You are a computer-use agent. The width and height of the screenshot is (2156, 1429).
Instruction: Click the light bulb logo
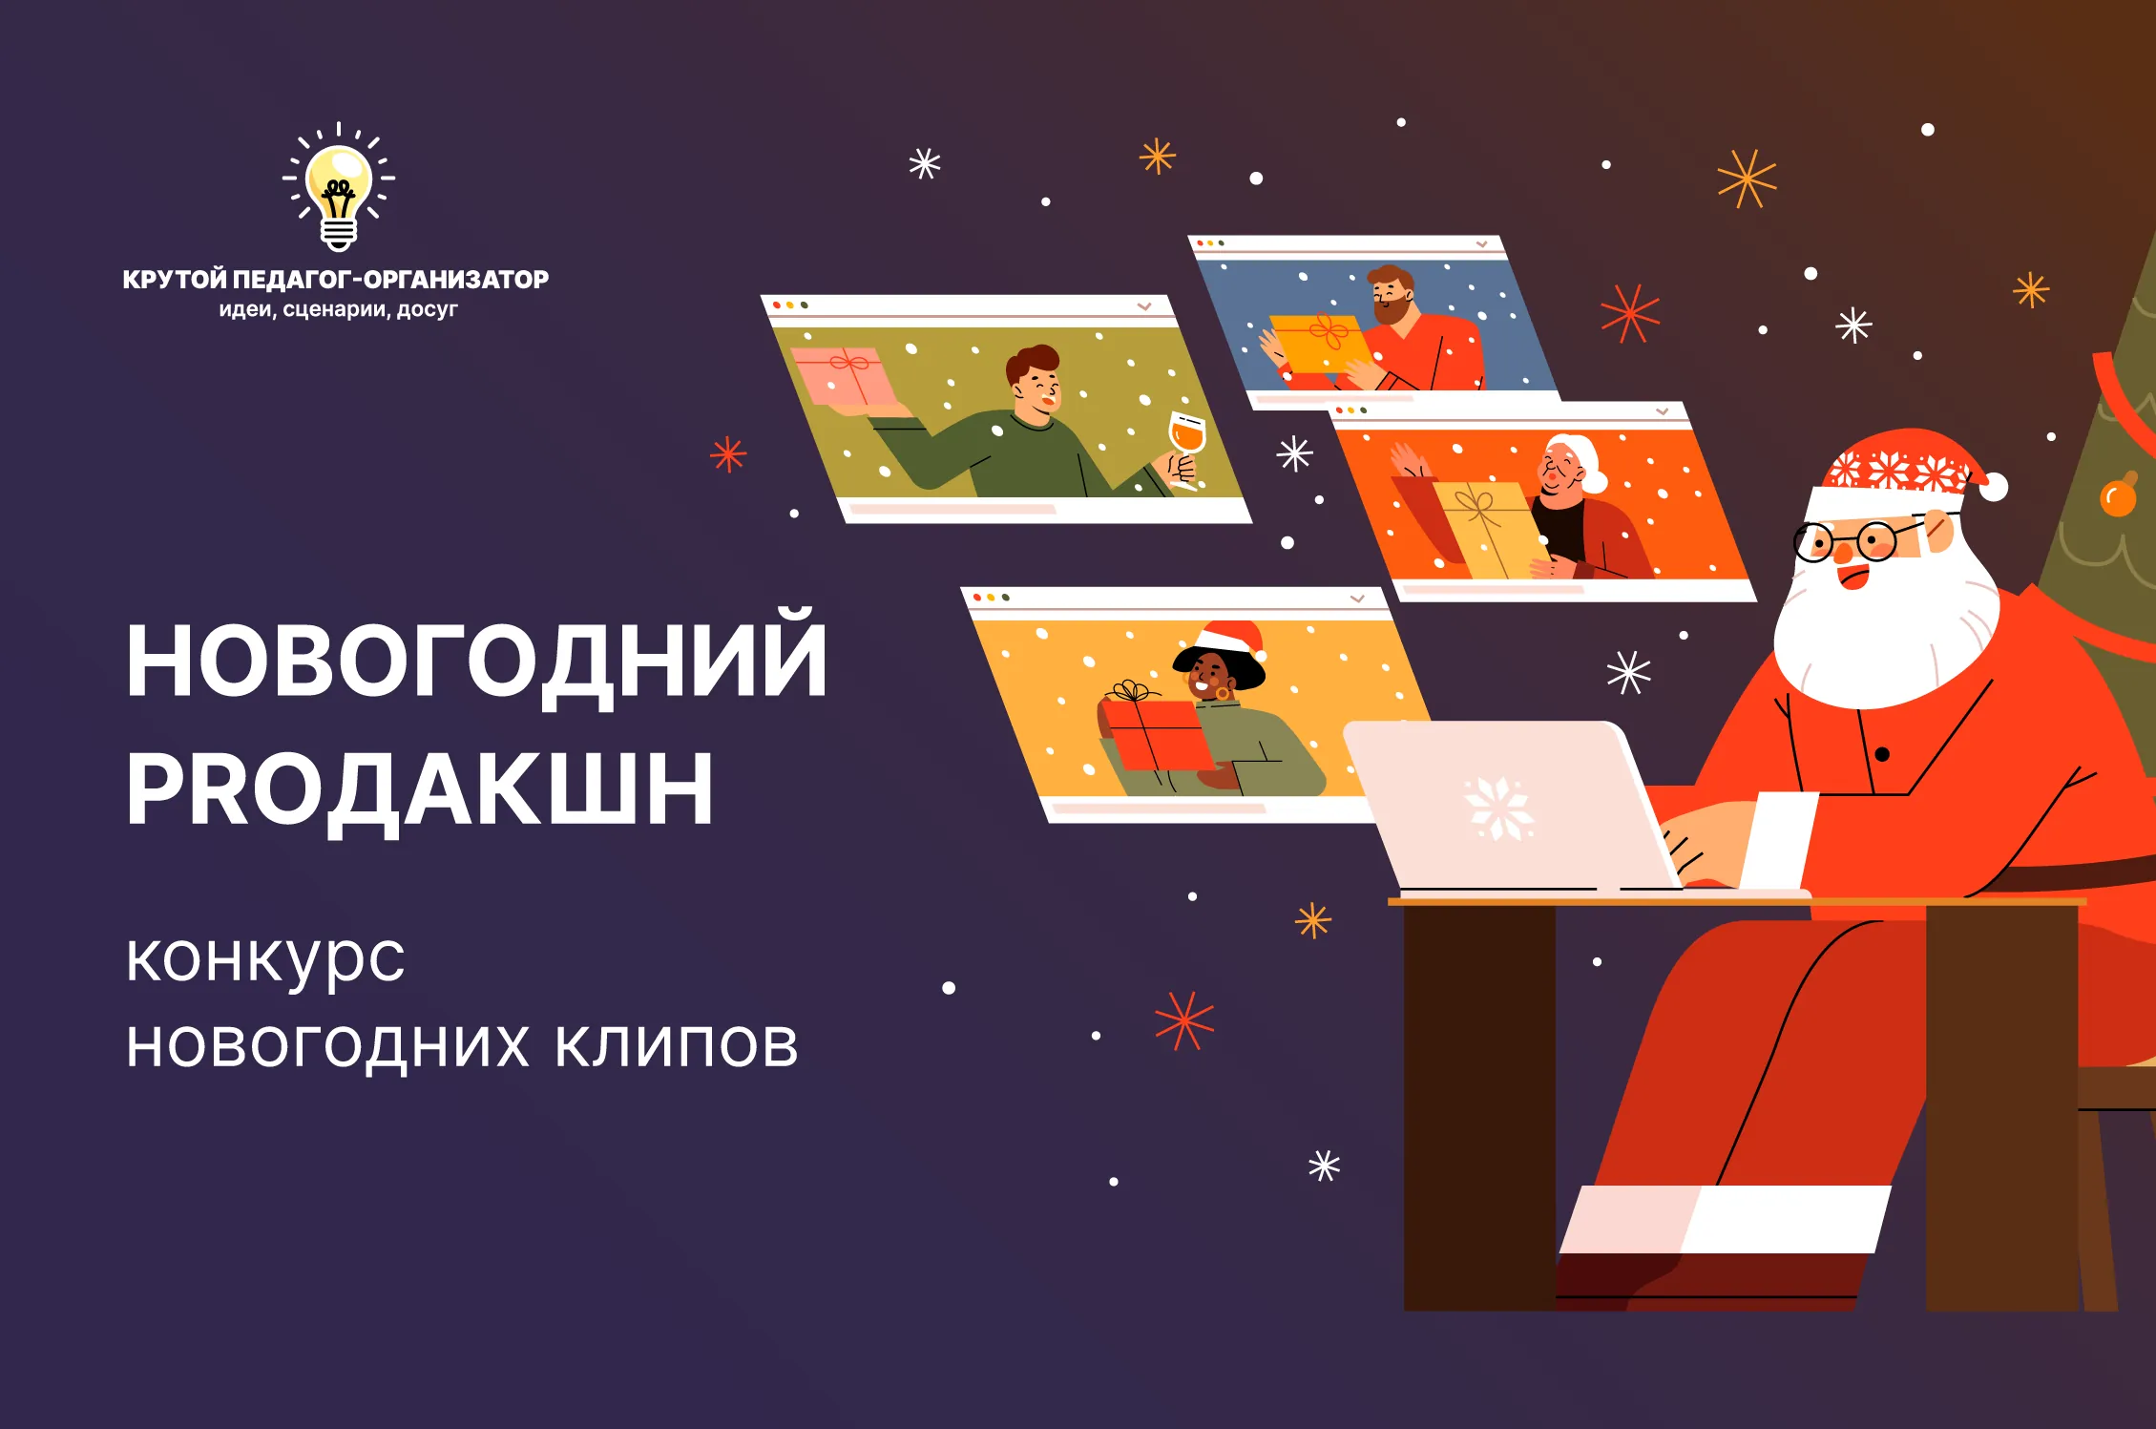click(339, 187)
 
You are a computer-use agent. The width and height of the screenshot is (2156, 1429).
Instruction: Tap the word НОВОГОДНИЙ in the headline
click(476, 660)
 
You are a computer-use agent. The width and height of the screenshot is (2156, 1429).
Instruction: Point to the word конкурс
click(266, 958)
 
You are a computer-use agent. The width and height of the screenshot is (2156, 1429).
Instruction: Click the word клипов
click(677, 1045)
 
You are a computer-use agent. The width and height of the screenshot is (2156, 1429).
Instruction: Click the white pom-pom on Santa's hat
click(1993, 487)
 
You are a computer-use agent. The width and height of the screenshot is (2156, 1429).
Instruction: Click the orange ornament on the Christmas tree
click(2118, 495)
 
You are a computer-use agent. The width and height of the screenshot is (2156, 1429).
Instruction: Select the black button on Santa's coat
click(1882, 754)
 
